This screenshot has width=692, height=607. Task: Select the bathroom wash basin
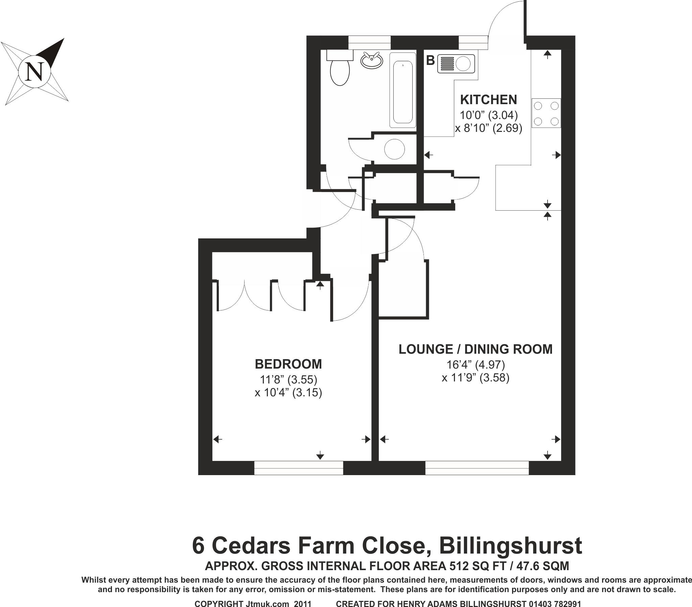point(372,61)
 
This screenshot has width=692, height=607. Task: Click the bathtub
point(402,90)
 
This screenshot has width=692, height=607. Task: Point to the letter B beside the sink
point(430,61)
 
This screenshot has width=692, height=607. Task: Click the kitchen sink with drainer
point(456,64)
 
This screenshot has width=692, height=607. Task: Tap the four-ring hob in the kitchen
point(546,113)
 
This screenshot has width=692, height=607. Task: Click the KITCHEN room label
point(488,99)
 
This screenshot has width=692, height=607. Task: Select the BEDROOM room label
point(288,364)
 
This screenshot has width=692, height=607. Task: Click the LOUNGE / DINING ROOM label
point(475,349)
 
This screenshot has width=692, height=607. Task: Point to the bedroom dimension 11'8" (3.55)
point(289,379)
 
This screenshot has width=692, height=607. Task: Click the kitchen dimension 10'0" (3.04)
point(488,115)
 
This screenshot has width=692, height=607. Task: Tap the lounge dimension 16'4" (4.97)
point(475,365)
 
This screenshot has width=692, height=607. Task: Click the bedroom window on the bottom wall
point(299,468)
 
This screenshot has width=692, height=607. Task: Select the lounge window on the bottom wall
point(477,468)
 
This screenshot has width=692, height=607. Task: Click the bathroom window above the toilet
point(369,43)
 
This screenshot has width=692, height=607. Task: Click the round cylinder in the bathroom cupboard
point(394,149)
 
